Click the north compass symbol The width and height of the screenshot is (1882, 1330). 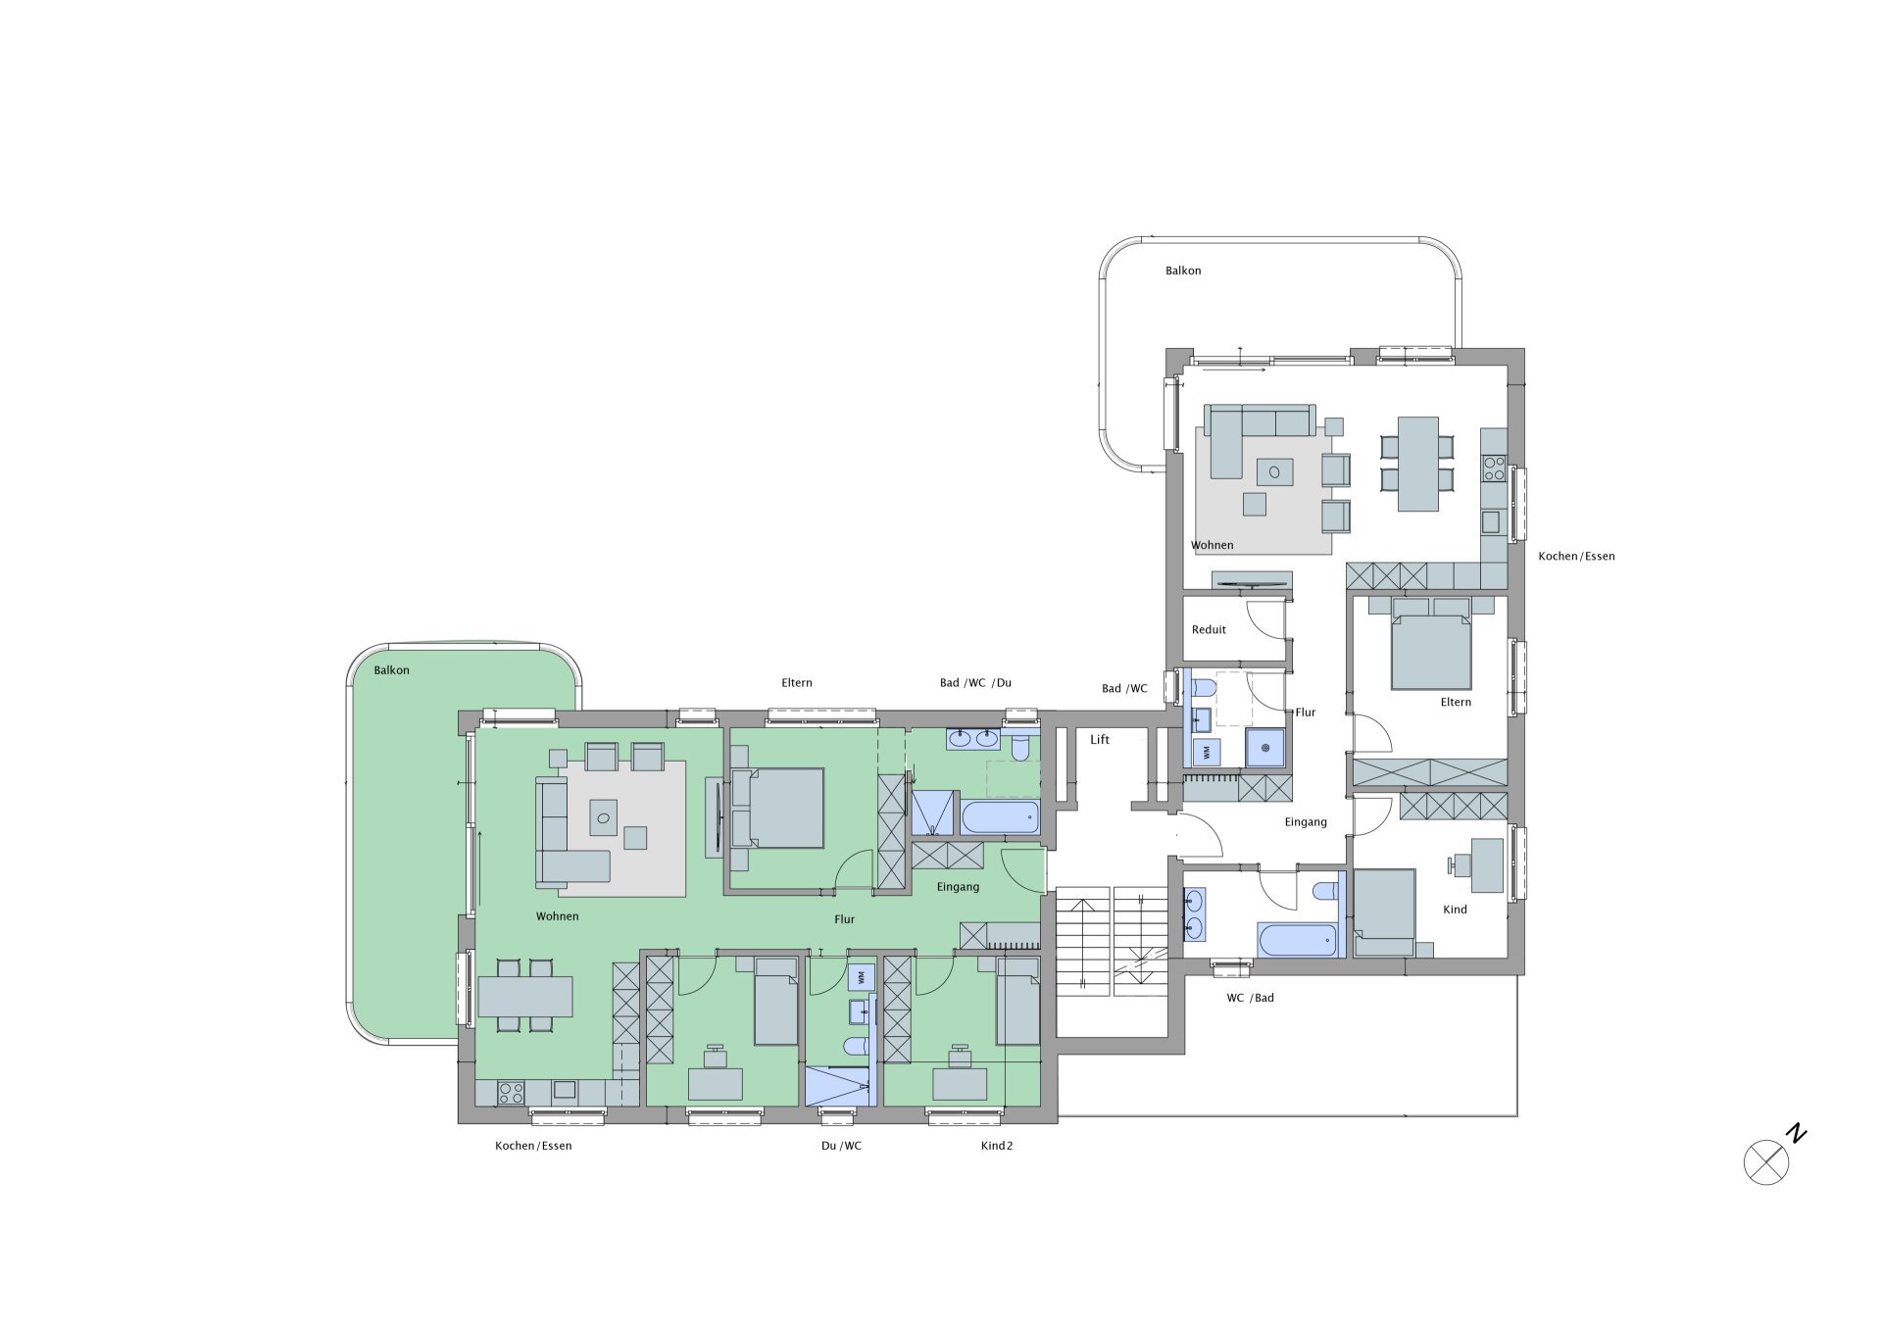click(x=1766, y=1163)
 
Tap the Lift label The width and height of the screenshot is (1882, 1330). click(x=1100, y=740)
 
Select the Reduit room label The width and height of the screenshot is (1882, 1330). click(x=1209, y=630)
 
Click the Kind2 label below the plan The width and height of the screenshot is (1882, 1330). click(x=997, y=1146)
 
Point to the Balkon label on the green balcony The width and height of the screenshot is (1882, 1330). click(x=391, y=670)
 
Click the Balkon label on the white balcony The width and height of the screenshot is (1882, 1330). click(x=1183, y=271)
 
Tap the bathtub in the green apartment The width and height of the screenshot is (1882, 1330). click(x=1000, y=817)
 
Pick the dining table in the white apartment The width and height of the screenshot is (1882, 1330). click(x=1418, y=464)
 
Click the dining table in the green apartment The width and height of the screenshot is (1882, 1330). click(x=525, y=997)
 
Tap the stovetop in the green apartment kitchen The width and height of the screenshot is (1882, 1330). click(x=511, y=1092)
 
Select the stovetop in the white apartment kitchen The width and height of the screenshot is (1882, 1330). click(x=1493, y=468)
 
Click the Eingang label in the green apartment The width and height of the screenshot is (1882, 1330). click(x=958, y=887)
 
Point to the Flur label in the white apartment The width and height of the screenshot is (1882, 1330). click(x=1306, y=713)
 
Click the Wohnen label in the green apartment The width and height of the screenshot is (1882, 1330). click(x=557, y=916)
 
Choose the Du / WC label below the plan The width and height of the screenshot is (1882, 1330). click(x=842, y=1146)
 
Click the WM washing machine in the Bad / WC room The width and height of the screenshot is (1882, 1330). click(x=1206, y=753)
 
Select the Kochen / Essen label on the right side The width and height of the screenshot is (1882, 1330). click(x=1576, y=556)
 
